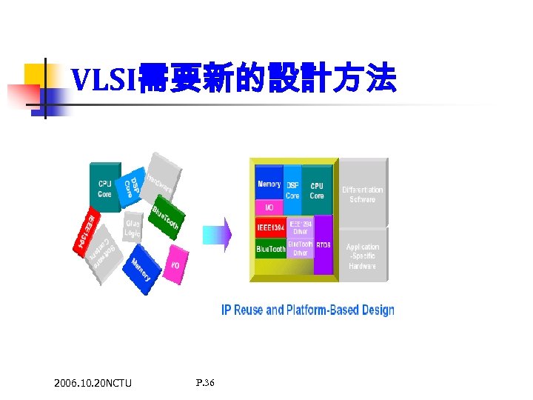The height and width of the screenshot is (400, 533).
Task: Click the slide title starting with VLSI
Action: point(233,79)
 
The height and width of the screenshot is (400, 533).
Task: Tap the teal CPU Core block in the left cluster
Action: point(104,187)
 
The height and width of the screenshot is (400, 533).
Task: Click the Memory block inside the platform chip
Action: point(269,184)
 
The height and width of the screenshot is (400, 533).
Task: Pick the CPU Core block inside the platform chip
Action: point(317,190)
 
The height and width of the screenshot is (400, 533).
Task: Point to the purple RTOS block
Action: point(324,245)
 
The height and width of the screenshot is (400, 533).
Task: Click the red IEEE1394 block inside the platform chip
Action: point(270,227)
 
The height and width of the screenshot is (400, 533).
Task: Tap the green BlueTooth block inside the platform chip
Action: point(270,249)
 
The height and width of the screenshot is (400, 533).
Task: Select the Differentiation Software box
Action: point(363,194)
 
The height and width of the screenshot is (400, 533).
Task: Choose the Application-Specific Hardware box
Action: point(363,256)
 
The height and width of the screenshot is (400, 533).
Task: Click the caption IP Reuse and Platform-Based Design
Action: point(307,310)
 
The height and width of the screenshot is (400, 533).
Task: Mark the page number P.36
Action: point(205,383)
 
